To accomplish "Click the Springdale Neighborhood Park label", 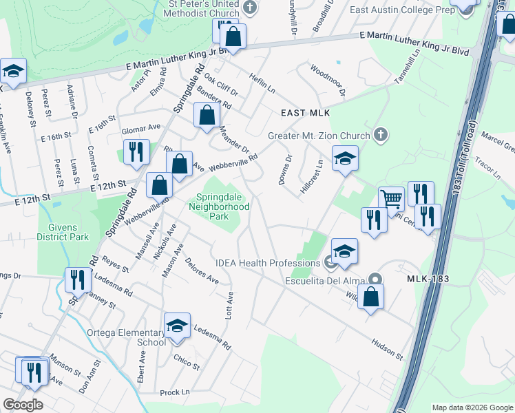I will (x=218, y=205).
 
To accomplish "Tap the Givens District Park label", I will (x=69, y=232).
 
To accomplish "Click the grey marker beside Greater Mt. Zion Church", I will (x=379, y=135).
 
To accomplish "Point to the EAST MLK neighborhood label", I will (x=306, y=112).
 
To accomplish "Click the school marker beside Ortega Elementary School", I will (x=177, y=326).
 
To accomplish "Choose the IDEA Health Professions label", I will (x=266, y=262).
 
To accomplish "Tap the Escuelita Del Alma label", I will (x=326, y=280).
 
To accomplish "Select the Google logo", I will (x=23, y=405).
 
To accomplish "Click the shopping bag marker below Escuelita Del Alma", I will (x=370, y=298).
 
